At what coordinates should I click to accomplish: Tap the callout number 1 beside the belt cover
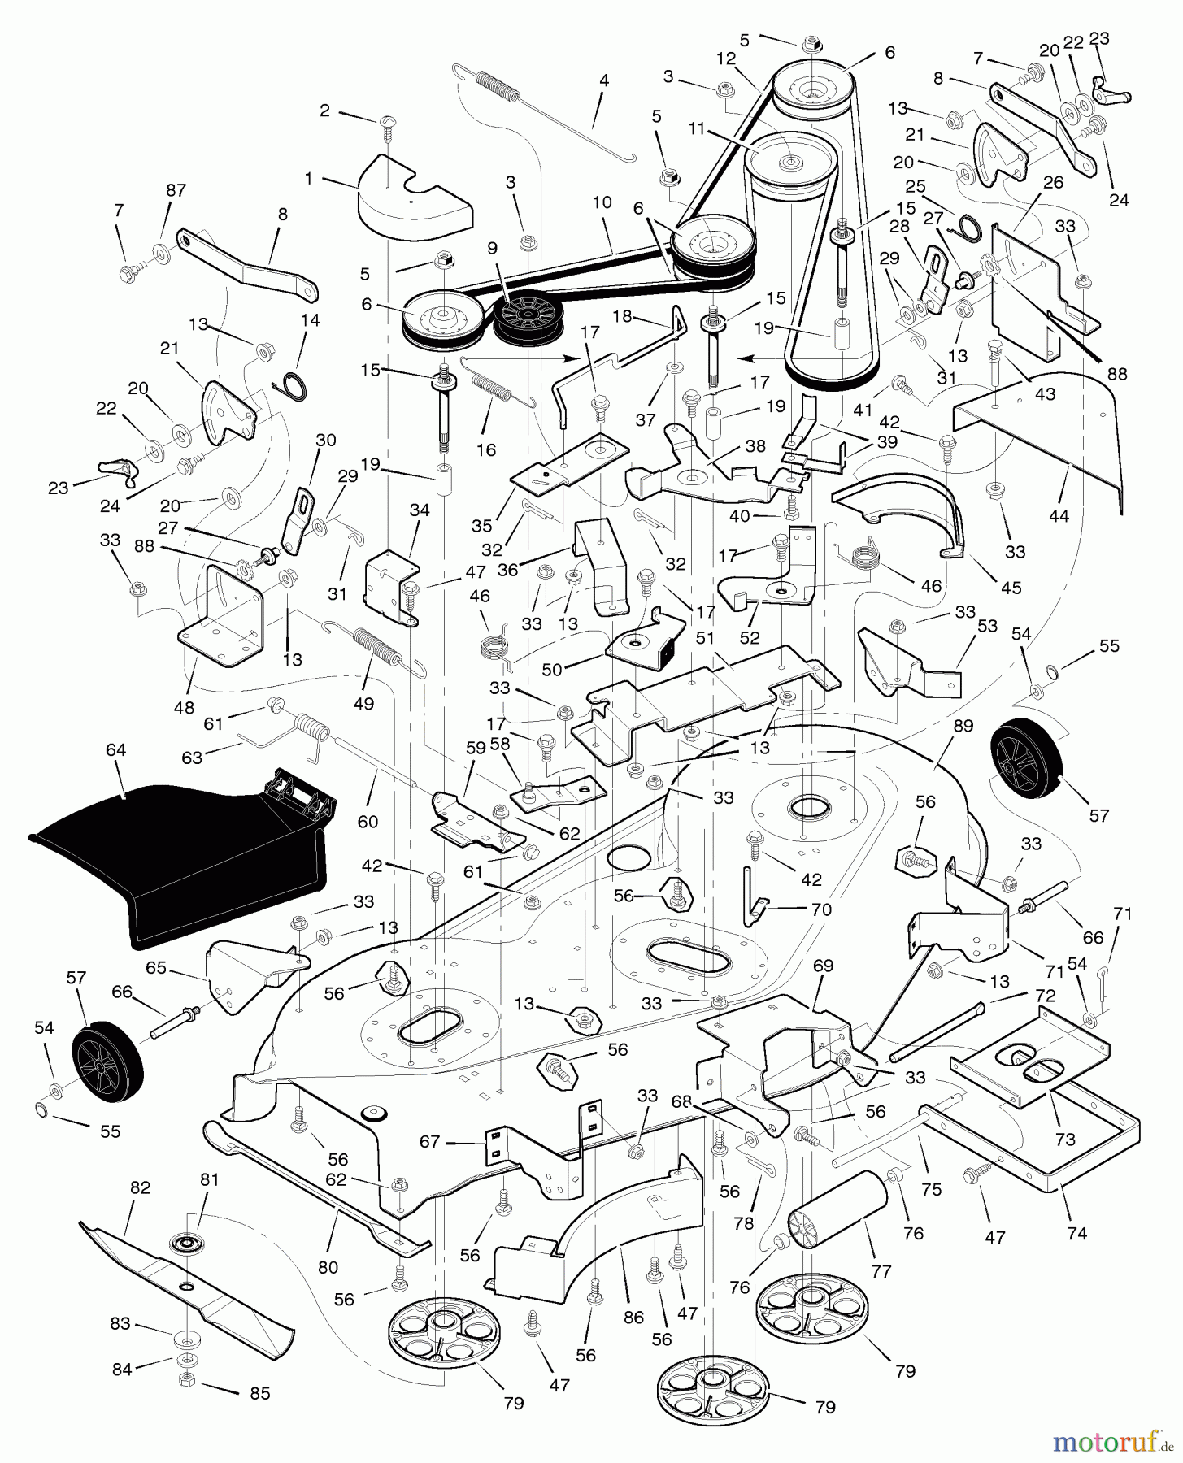pyautogui.click(x=308, y=178)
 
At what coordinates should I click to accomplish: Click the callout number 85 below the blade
pyautogui.click(x=259, y=1392)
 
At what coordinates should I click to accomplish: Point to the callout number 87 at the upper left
pyautogui.click(x=176, y=190)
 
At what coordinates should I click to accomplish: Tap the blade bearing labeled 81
pyautogui.click(x=186, y=1244)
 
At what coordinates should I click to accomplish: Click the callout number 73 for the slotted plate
pyautogui.click(x=1064, y=1139)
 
